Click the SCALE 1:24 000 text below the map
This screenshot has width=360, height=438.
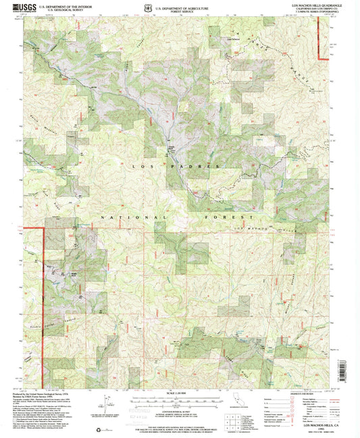click(180, 393)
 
